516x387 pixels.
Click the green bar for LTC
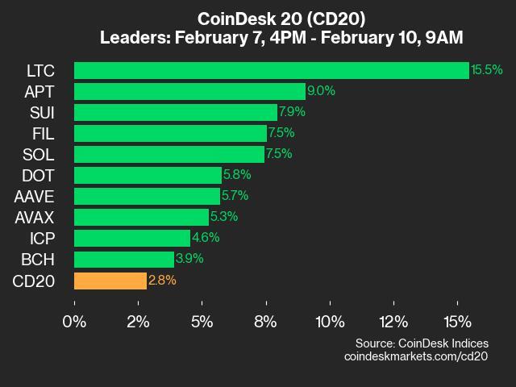click(x=271, y=70)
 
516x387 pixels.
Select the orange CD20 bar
click(x=110, y=281)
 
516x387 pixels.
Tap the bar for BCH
click(x=124, y=260)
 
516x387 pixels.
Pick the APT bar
click(x=189, y=91)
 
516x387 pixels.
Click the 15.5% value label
click(x=487, y=70)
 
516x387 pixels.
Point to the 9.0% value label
click(x=321, y=91)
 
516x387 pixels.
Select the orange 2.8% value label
click(x=162, y=281)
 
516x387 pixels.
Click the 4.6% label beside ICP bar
click(x=206, y=238)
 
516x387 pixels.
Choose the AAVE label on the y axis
click(x=35, y=196)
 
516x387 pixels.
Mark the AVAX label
click(x=35, y=217)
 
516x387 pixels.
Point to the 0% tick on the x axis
click(x=74, y=322)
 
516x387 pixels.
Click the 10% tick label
click(x=330, y=322)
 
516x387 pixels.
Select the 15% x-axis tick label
click(x=457, y=322)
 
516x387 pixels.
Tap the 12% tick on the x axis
click(x=393, y=322)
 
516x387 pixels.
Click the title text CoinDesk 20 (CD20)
click(x=257, y=19)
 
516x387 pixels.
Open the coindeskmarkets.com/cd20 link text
click(x=416, y=356)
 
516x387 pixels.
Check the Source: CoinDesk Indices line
click(x=421, y=343)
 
